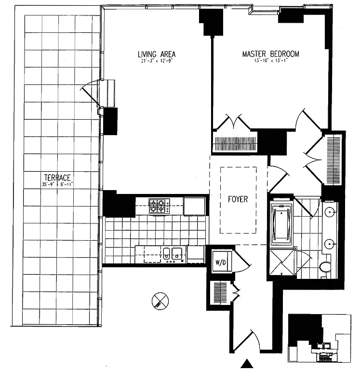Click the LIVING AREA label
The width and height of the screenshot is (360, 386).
point(156,54)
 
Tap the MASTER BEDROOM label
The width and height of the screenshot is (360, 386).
point(270,54)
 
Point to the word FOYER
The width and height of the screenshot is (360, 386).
point(238,199)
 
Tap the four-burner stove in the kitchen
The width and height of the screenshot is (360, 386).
point(157,206)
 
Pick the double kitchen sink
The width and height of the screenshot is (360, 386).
point(171,253)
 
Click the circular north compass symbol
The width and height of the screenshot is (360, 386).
point(160,301)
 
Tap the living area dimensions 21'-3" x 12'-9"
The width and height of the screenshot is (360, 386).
point(156,61)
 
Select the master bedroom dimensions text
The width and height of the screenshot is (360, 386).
point(270,61)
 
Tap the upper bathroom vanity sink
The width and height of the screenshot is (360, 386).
point(329,211)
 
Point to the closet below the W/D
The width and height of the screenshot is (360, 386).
point(220,292)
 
